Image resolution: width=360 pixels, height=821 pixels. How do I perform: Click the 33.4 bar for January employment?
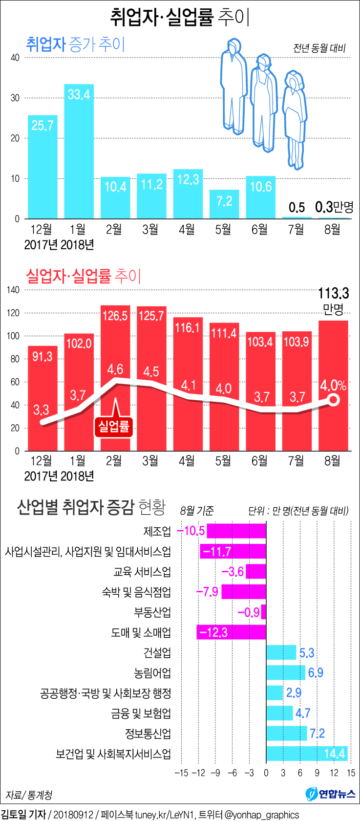79,151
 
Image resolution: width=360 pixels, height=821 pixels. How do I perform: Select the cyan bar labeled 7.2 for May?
224,204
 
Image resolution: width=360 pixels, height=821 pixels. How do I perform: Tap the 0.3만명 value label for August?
334,207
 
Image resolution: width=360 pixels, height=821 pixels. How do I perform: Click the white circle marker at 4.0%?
334,400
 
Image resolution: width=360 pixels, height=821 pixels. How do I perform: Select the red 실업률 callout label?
114,427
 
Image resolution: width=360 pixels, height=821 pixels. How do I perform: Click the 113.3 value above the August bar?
334,293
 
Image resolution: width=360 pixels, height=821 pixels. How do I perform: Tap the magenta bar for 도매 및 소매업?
231,632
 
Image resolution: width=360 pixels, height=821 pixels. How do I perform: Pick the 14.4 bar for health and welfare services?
306,754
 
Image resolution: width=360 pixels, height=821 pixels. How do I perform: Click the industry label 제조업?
157,531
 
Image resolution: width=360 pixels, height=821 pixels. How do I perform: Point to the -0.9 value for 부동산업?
249,612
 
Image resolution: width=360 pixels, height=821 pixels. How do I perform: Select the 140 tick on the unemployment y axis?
13,290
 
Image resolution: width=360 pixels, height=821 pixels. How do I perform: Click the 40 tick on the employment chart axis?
15,58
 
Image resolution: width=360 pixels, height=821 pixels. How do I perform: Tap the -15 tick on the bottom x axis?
181,773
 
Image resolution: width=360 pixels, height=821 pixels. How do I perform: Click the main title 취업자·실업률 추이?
180,18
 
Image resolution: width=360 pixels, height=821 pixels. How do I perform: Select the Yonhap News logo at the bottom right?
331,794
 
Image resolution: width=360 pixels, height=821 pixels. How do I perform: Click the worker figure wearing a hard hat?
264,100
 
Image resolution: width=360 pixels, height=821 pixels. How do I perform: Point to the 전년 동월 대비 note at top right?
319,48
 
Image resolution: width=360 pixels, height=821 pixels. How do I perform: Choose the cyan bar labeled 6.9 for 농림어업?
286,672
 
